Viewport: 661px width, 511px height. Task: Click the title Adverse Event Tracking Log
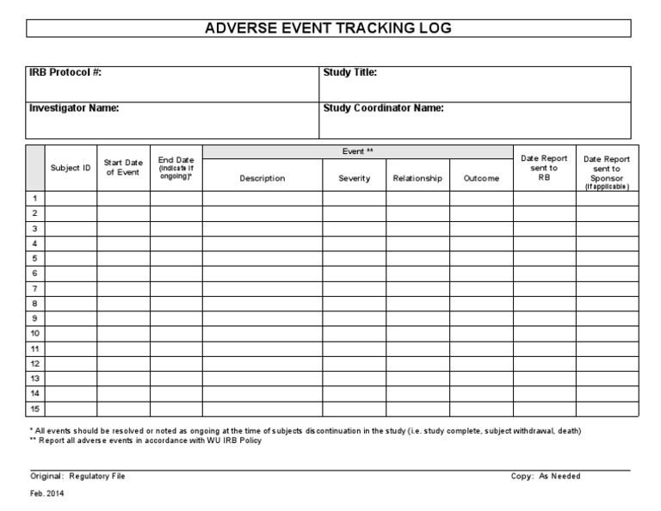point(327,28)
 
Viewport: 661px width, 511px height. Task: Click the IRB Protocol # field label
point(65,73)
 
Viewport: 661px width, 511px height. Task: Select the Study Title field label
point(350,73)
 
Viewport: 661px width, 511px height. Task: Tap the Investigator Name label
point(74,108)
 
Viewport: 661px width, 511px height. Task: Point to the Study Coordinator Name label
point(383,108)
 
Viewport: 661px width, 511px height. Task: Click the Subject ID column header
point(71,168)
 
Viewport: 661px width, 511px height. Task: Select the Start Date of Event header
point(123,167)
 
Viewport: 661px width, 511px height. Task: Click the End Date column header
point(176,168)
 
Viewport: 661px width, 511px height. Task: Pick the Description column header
point(263,178)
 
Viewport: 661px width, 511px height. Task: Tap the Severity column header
point(354,178)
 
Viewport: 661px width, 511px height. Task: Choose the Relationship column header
point(417,178)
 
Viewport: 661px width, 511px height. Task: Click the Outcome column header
point(481,178)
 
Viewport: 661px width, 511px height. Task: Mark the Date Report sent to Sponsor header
point(607,172)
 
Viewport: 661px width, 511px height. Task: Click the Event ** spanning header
point(357,151)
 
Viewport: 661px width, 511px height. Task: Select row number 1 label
point(34,198)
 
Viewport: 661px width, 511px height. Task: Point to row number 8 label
point(34,304)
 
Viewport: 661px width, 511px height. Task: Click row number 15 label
point(35,409)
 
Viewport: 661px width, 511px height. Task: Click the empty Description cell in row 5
point(263,258)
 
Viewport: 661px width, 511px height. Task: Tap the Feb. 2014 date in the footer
point(46,495)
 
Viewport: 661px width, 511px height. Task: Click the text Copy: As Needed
point(545,476)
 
